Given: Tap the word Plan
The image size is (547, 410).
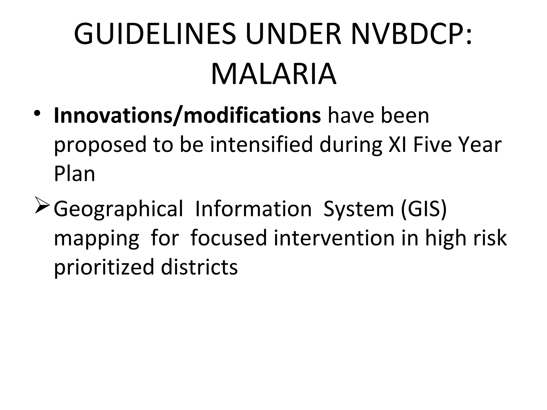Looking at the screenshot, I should [75, 174].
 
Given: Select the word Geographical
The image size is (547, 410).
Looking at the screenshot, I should [118, 210].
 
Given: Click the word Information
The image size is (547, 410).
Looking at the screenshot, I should [253, 209].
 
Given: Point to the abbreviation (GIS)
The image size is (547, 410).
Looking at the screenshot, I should [424, 209].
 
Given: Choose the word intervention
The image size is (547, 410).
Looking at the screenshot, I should [334, 238].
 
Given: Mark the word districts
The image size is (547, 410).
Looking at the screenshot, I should [199, 267].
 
